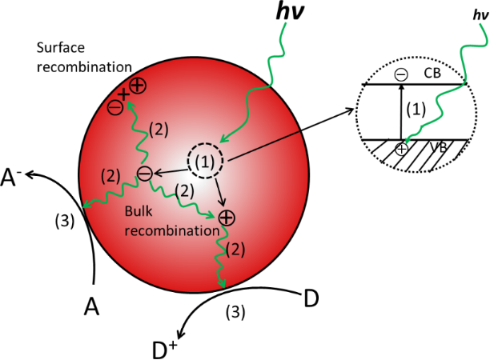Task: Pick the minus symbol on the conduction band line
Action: pyautogui.click(x=400, y=74)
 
